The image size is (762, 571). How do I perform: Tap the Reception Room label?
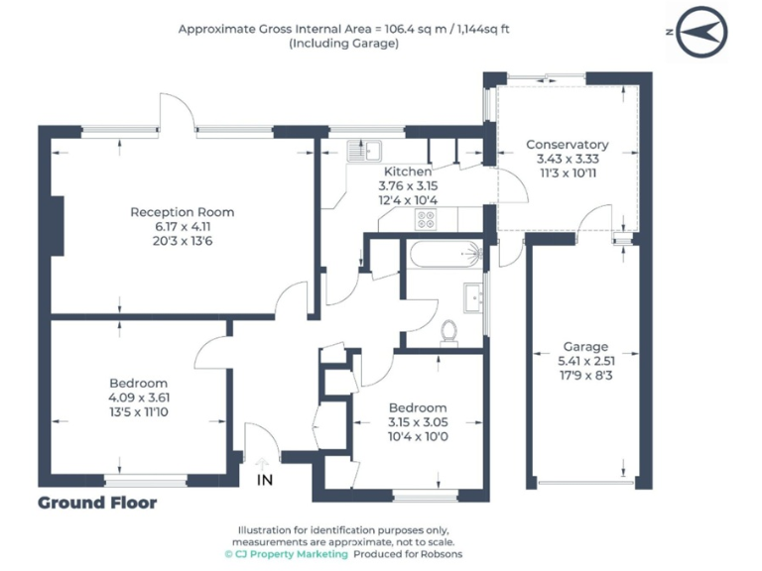(x=183, y=211)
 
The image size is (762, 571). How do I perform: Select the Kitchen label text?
(x=407, y=171)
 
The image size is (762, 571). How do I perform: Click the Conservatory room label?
(x=567, y=145)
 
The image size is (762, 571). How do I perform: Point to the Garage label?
(x=585, y=347)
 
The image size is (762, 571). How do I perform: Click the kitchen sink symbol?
(x=365, y=151)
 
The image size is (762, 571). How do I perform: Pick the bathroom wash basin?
(x=472, y=295)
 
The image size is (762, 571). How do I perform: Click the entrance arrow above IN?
(x=263, y=463)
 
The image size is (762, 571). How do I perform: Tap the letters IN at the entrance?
(x=264, y=480)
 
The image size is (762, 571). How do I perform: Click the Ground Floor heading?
(x=97, y=503)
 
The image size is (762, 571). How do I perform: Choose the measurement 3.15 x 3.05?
(x=417, y=421)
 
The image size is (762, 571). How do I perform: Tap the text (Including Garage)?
(x=344, y=44)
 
